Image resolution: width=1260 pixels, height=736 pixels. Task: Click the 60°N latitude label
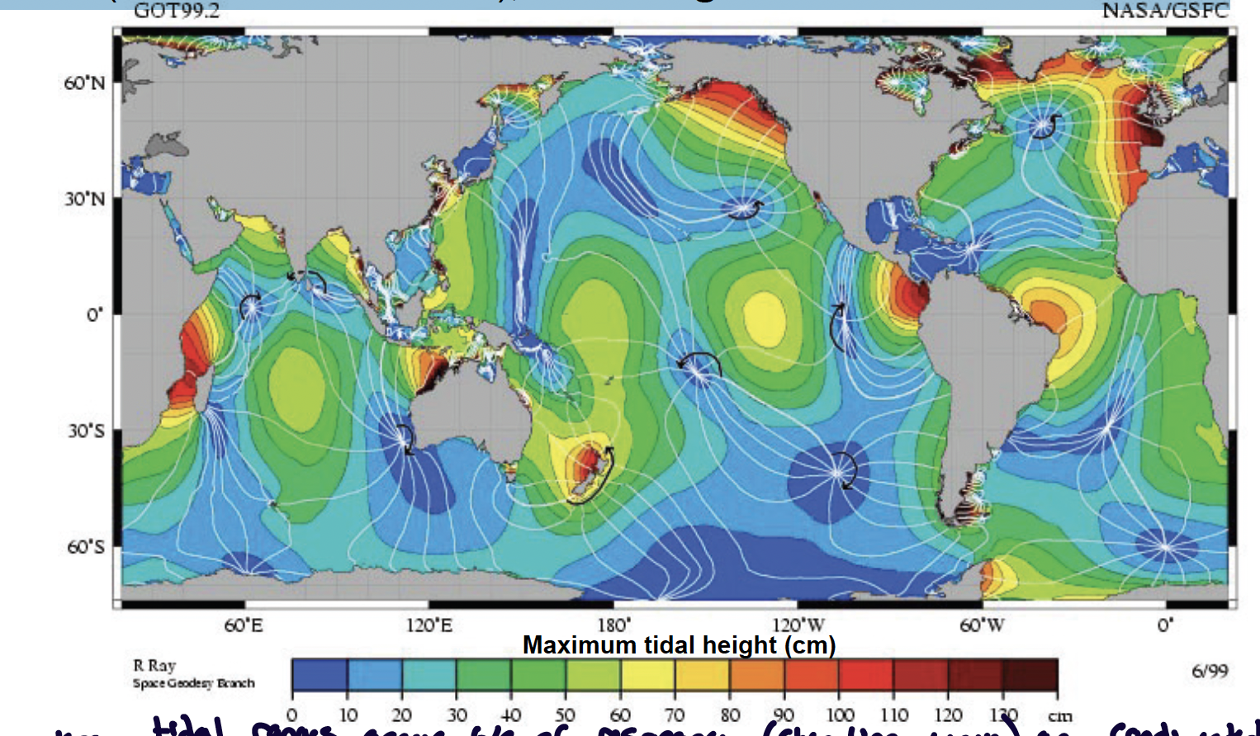click(x=85, y=83)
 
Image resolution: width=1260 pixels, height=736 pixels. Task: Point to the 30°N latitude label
click(x=85, y=199)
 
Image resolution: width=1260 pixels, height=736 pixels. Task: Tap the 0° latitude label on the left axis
click(x=95, y=315)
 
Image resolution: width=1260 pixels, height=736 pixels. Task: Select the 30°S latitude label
click(x=86, y=432)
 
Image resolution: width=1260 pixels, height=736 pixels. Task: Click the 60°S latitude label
click(x=86, y=547)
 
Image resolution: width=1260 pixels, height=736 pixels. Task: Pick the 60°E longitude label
click(x=244, y=625)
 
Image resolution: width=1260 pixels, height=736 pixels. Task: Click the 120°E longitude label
click(x=429, y=625)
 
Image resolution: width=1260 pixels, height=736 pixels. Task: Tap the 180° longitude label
click(x=613, y=625)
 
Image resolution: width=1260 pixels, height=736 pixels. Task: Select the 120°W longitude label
click(x=798, y=625)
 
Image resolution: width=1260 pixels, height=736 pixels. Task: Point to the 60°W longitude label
click(x=982, y=625)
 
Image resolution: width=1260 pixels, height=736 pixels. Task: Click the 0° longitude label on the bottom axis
click(x=1165, y=625)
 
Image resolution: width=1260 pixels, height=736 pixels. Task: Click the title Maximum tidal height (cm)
click(x=679, y=644)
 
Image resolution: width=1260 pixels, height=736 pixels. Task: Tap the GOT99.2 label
click(x=177, y=11)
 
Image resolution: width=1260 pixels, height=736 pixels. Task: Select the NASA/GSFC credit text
click(x=1165, y=11)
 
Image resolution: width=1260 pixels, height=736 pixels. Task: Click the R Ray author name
click(x=154, y=665)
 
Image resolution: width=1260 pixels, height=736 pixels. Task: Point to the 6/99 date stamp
click(x=1210, y=671)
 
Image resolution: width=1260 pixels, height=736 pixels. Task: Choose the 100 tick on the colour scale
click(x=839, y=715)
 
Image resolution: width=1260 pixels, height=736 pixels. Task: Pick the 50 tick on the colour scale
click(x=565, y=715)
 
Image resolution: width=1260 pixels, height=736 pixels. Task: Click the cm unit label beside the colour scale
click(x=1060, y=715)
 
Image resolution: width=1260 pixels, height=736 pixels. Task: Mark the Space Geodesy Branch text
click(x=194, y=683)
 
